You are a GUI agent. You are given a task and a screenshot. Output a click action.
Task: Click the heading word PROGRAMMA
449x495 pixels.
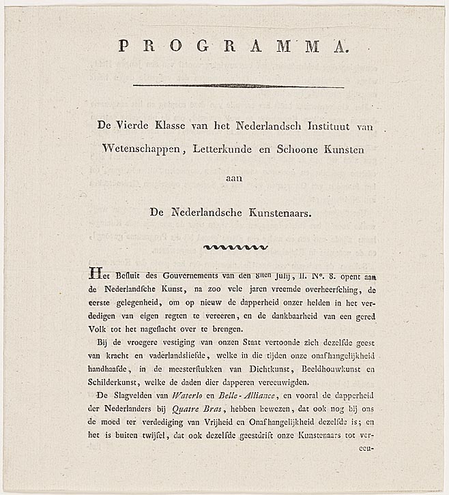coord(233,46)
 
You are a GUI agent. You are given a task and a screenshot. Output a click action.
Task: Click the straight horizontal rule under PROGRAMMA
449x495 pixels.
coord(238,86)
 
